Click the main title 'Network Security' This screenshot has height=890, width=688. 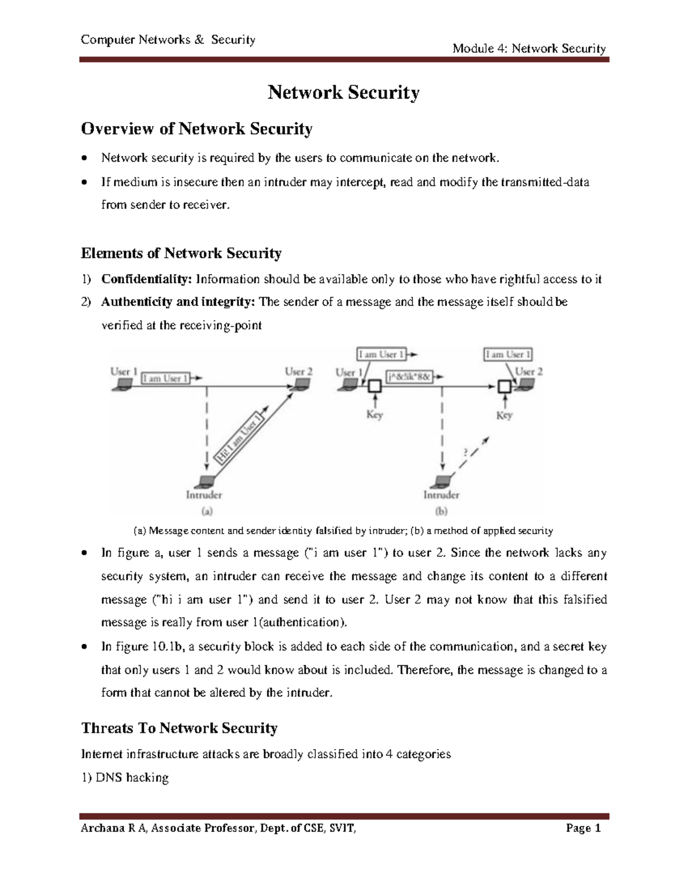pyautogui.click(x=343, y=92)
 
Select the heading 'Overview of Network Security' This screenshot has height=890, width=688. pyautogui.click(x=197, y=128)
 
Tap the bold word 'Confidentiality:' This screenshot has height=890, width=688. pyautogui.click(x=146, y=279)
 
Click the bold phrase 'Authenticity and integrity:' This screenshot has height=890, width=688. pyautogui.click(x=179, y=302)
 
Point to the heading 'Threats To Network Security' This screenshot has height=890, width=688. pyautogui.click(x=179, y=728)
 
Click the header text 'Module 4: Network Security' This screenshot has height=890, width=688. pyautogui.click(x=529, y=48)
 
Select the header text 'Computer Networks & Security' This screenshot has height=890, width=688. pyautogui.click(x=168, y=40)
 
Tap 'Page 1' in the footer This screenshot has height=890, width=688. pyautogui.click(x=583, y=828)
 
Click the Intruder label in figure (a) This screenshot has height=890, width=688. pyautogui.click(x=204, y=494)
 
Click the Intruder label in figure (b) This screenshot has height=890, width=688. pyautogui.click(x=441, y=494)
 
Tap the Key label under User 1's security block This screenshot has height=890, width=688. pyautogui.click(x=374, y=415)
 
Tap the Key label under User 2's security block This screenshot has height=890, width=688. pyautogui.click(x=504, y=415)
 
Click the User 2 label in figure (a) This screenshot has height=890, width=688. pyautogui.click(x=299, y=371)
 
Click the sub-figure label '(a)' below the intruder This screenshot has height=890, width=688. pyautogui.click(x=204, y=510)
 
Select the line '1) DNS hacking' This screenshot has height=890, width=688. pyautogui.click(x=125, y=778)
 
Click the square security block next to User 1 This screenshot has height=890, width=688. pyautogui.click(x=374, y=387)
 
